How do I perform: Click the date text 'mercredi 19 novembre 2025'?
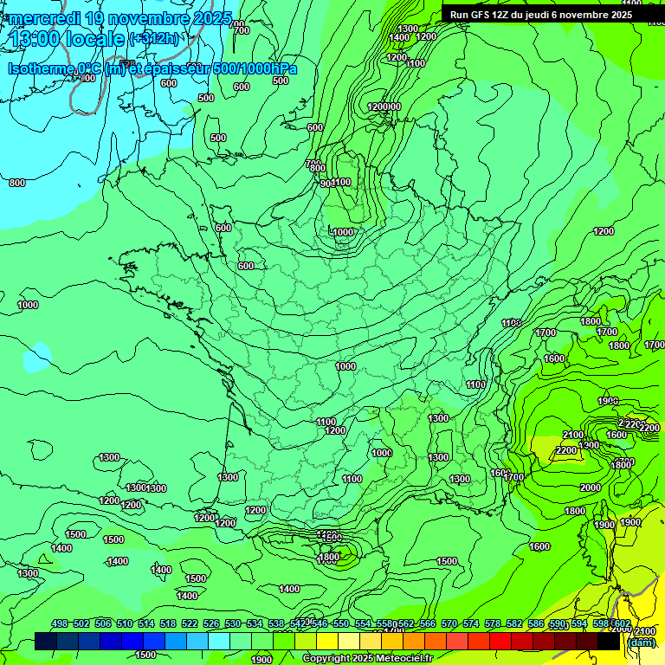click(119, 18)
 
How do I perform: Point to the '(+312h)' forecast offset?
click(154, 39)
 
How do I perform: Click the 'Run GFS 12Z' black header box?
click(541, 15)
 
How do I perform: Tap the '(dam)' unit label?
click(641, 642)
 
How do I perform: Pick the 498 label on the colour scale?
click(60, 624)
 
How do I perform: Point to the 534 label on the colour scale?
click(255, 624)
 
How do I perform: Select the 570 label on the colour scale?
click(449, 624)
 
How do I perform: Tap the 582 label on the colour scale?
click(514, 624)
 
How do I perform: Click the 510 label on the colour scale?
click(125, 624)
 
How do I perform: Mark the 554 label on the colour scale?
click(363, 624)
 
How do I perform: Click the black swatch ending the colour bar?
click(609, 642)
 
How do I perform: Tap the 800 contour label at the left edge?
click(16, 183)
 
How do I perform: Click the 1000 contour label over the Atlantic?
click(28, 305)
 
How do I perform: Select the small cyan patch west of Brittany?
click(37, 357)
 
